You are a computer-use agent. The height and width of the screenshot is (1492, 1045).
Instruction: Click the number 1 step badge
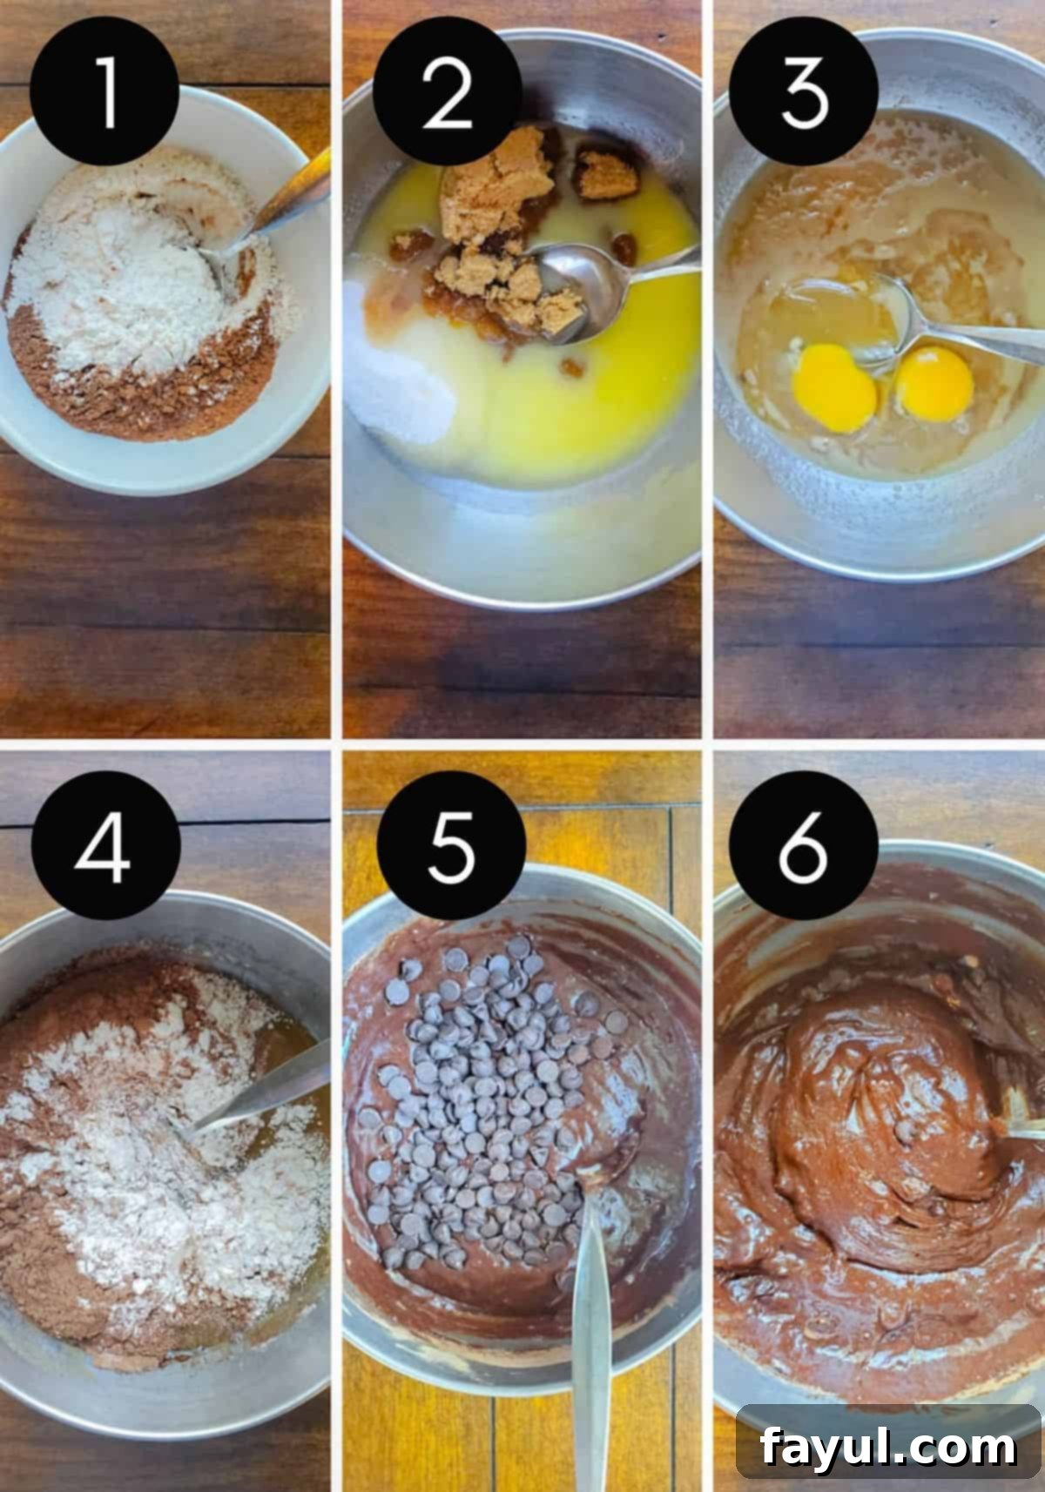104,91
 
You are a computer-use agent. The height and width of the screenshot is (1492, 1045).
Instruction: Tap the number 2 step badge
446,91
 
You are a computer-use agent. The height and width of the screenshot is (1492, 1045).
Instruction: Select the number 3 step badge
803,91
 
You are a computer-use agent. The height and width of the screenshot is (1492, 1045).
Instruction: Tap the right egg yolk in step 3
934,383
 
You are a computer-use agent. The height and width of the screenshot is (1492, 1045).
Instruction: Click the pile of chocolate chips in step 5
488,1106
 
